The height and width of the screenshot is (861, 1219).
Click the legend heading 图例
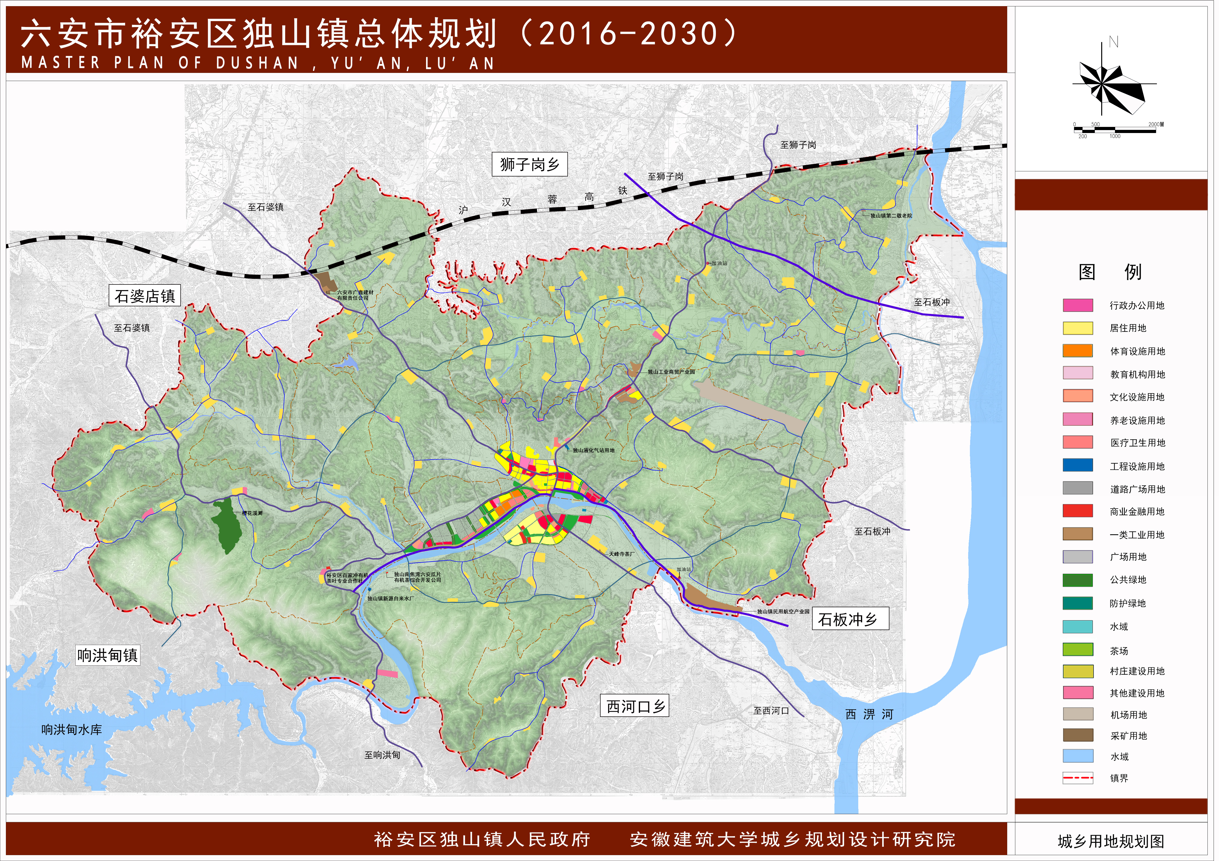click(1110, 272)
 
